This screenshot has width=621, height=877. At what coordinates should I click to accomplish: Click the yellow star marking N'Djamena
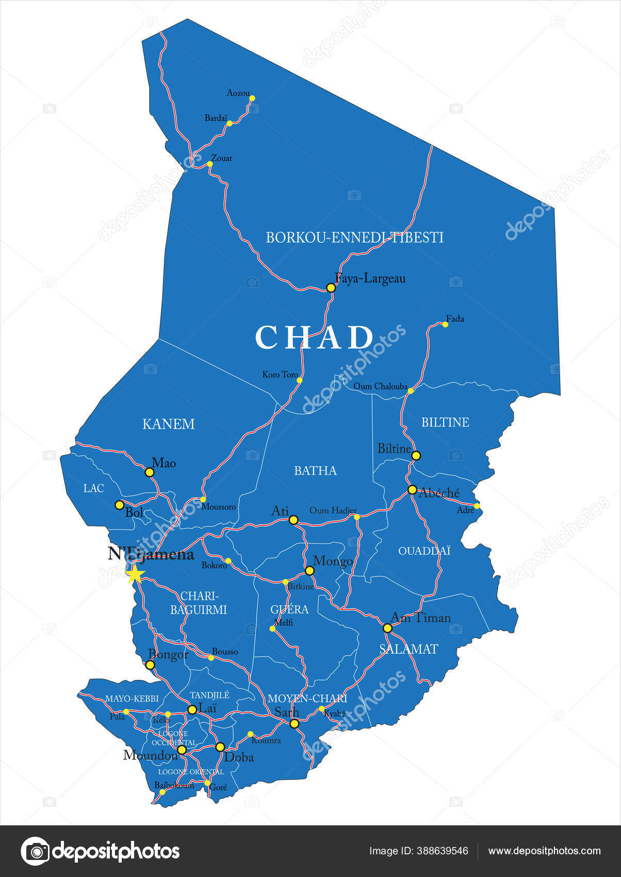pyautogui.click(x=135, y=574)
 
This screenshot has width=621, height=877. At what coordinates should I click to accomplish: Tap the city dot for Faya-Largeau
pyautogui.click(x=331, y=287)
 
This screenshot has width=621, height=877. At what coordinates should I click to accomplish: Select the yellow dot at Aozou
pyautogui.click(x=252, y=98)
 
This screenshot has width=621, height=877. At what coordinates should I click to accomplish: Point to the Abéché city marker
pyautogui.click(x=412, y=490)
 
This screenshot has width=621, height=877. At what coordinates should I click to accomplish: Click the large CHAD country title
pyautogui.click(x=315, y=337)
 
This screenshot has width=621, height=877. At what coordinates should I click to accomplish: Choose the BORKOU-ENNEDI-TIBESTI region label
pyautogui.click(x=354, y=237)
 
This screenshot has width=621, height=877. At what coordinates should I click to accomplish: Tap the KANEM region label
pyautogui.click(x=169, y=424)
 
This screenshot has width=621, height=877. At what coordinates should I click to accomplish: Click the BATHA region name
pyautogui.click(x=315, y=470)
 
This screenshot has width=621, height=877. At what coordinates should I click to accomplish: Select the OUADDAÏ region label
pyautogui.click(x=424, y=551)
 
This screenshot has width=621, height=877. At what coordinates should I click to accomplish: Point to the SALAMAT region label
pyautogui.click(x=408, y=649)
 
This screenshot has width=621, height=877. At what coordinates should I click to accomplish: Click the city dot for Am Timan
pyautogui.click(x=387, y=628)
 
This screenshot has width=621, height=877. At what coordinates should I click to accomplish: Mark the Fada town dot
pyautogui.click(x=445, y=324)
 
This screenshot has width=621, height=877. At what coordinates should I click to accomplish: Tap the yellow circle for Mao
pyautogui.click(x=150, y=472)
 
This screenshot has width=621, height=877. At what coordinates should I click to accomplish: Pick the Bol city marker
pyautogui.click(x=119, y=505)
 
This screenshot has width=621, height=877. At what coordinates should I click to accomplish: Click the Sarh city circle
pyautogui.click(x=294, y=724)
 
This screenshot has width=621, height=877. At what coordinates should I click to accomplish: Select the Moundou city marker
pyautogui.click(x=182, y=750)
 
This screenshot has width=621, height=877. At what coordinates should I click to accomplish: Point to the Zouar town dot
pyautogui.click(x=210, y=164)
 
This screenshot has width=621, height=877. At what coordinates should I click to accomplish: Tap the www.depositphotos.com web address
pyautogui.click(x=544, y=851)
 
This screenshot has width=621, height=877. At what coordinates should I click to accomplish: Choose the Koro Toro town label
pyautogui.click(x=280, y=375)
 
